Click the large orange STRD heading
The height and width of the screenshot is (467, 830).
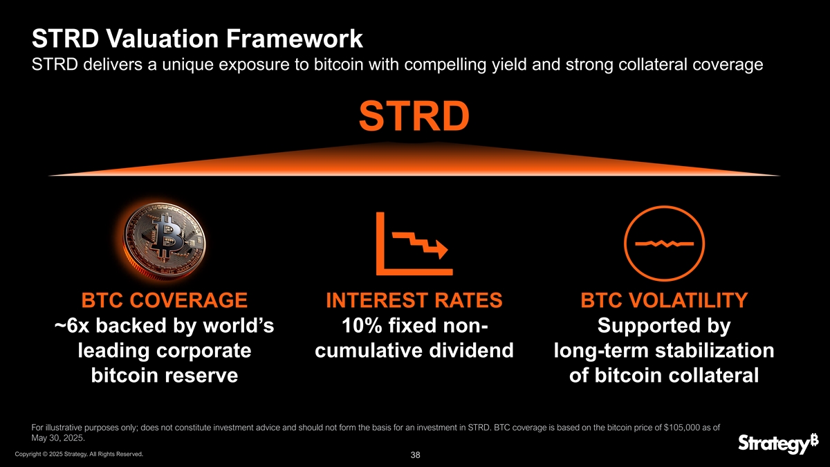tap(414, 116)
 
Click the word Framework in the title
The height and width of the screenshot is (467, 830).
tap(294, 39)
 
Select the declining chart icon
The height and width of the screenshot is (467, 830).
tap(414, 244)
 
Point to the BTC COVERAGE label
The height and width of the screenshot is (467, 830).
tap(164, 300)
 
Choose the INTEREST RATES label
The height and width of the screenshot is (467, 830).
tap(414, 300)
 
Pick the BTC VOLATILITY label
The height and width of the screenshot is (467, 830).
tap(664, 300)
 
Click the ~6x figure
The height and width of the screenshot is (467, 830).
tap(71, 326)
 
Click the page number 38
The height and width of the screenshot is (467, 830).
tap(415, 455)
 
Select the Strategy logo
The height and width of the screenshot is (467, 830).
tap(778, 443)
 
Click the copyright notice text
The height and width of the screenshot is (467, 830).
tap(79, 454)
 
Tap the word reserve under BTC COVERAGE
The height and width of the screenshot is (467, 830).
tap(201, 376)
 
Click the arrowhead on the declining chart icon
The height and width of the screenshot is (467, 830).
tap(441, 249)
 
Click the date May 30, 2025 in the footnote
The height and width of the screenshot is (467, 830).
tap(57, 438)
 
